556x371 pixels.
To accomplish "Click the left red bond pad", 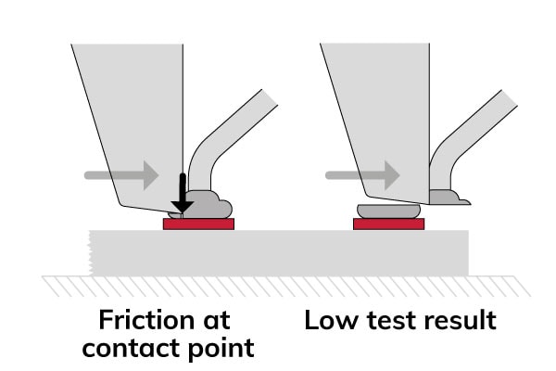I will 198,224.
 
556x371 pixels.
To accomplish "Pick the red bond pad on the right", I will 388,224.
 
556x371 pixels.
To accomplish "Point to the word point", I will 222,350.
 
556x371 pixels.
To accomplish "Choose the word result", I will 458,321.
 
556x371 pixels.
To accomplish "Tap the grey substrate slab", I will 278,250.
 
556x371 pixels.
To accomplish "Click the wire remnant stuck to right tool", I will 448,197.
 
